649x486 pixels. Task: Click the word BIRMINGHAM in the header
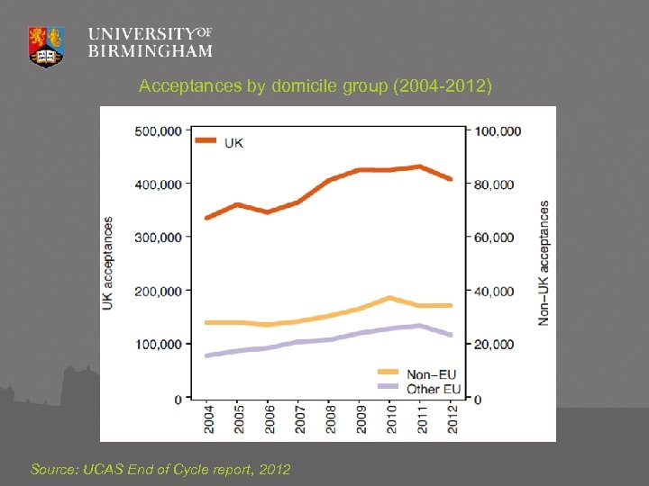[x=150, y=51]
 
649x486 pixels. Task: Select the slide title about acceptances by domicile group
[x=315, y=87]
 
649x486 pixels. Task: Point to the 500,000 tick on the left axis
[x=158, y=130]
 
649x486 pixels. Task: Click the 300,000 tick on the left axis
[x=158, y=238]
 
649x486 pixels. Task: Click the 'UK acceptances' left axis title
[x=108, y=264]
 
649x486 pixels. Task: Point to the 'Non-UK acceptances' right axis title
[x=544, y=263]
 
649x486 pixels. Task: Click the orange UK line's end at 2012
[x=451, y=179]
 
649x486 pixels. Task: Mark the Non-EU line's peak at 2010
[x=389, y=298]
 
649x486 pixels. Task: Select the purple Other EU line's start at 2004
[x=208, y=355]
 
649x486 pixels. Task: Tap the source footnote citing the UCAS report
[x=160, y=470]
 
